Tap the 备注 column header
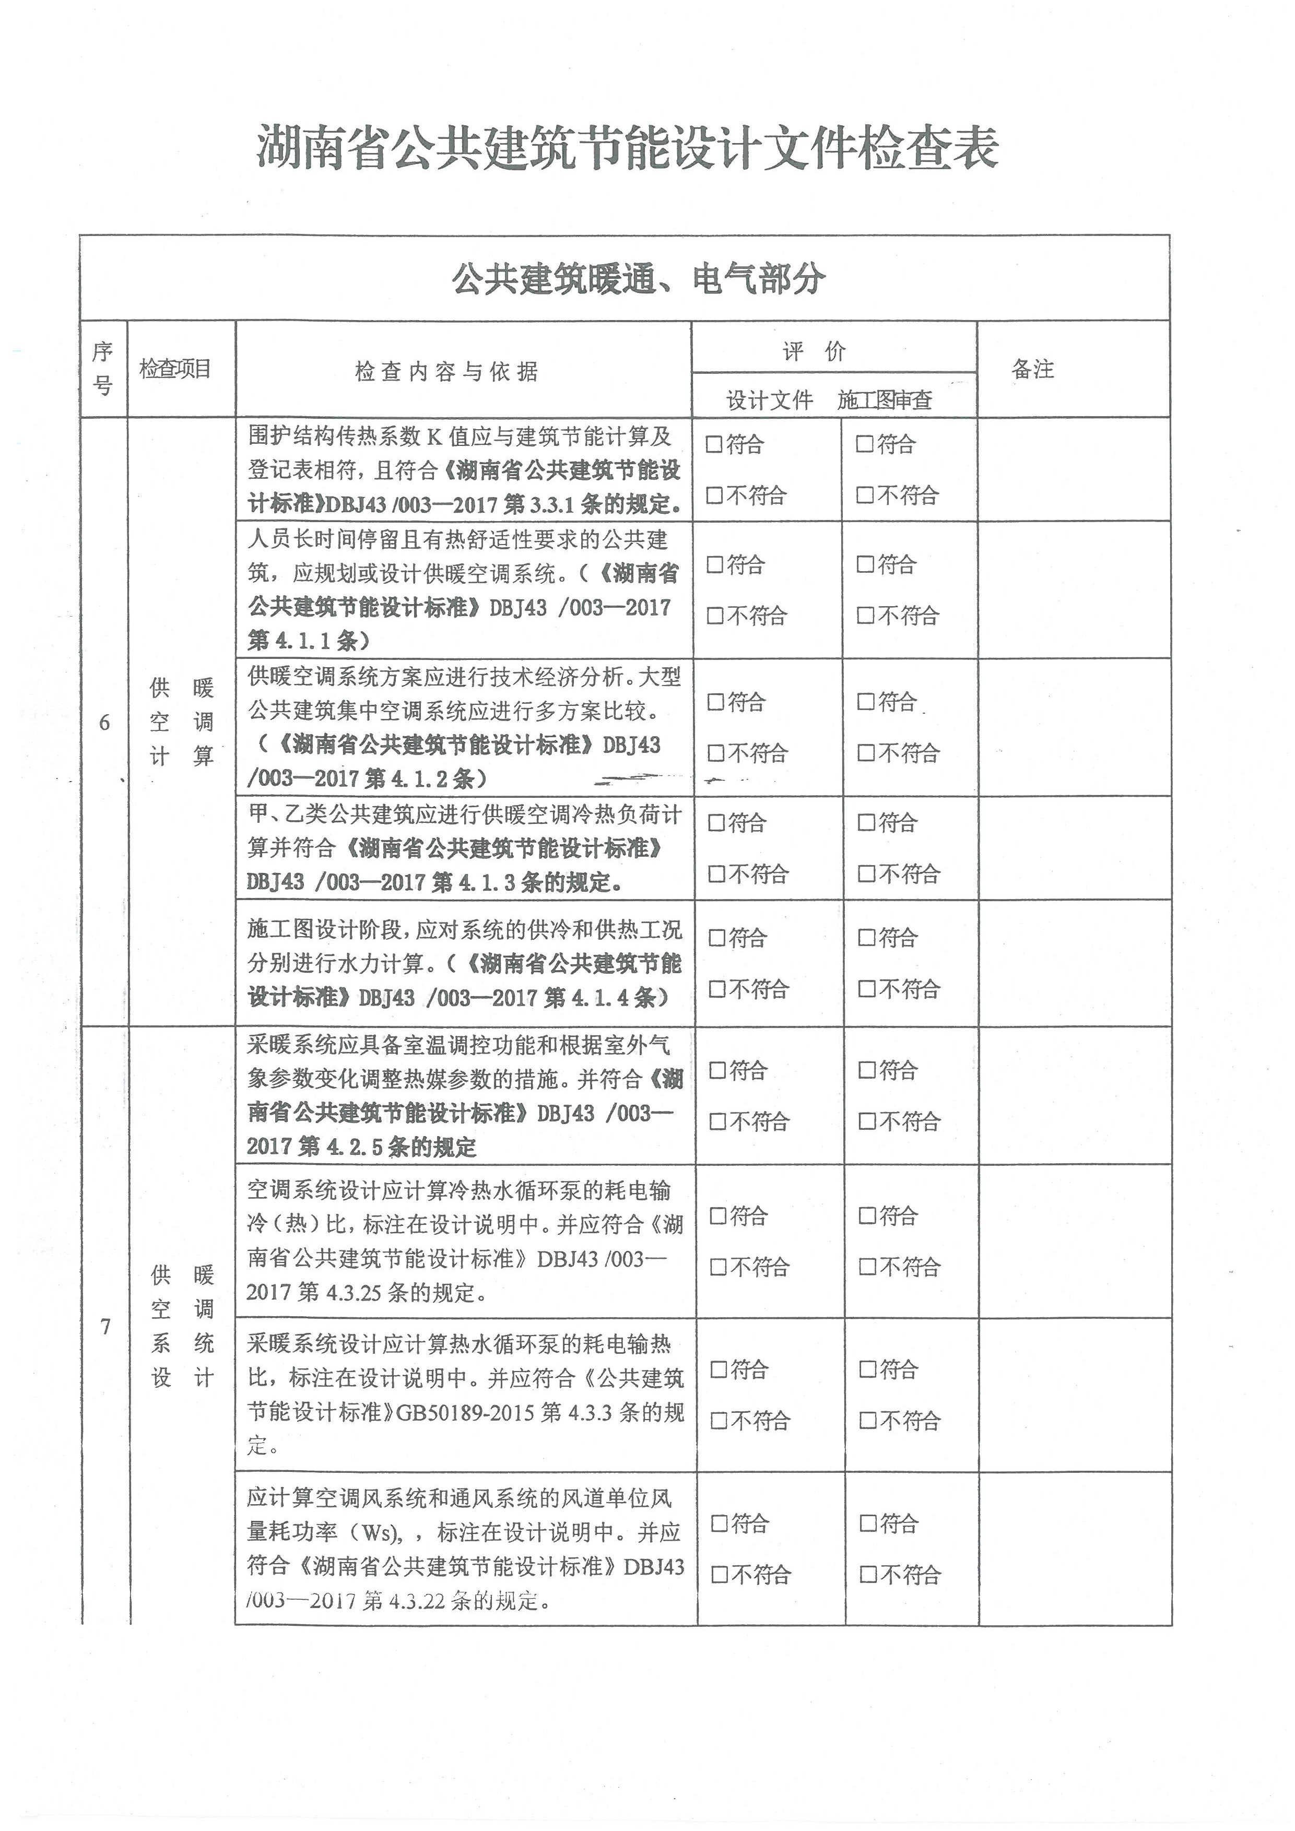[1033, 369]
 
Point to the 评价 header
[814, 351]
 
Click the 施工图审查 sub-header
[885, 399]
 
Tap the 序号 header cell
[103, 369]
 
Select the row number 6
[104, 723]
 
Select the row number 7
[105, 1326]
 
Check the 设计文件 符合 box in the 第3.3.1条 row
[714, 444]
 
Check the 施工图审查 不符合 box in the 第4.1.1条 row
[865, 616]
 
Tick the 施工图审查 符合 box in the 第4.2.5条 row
[867, 1070]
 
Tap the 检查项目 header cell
[175, 369]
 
